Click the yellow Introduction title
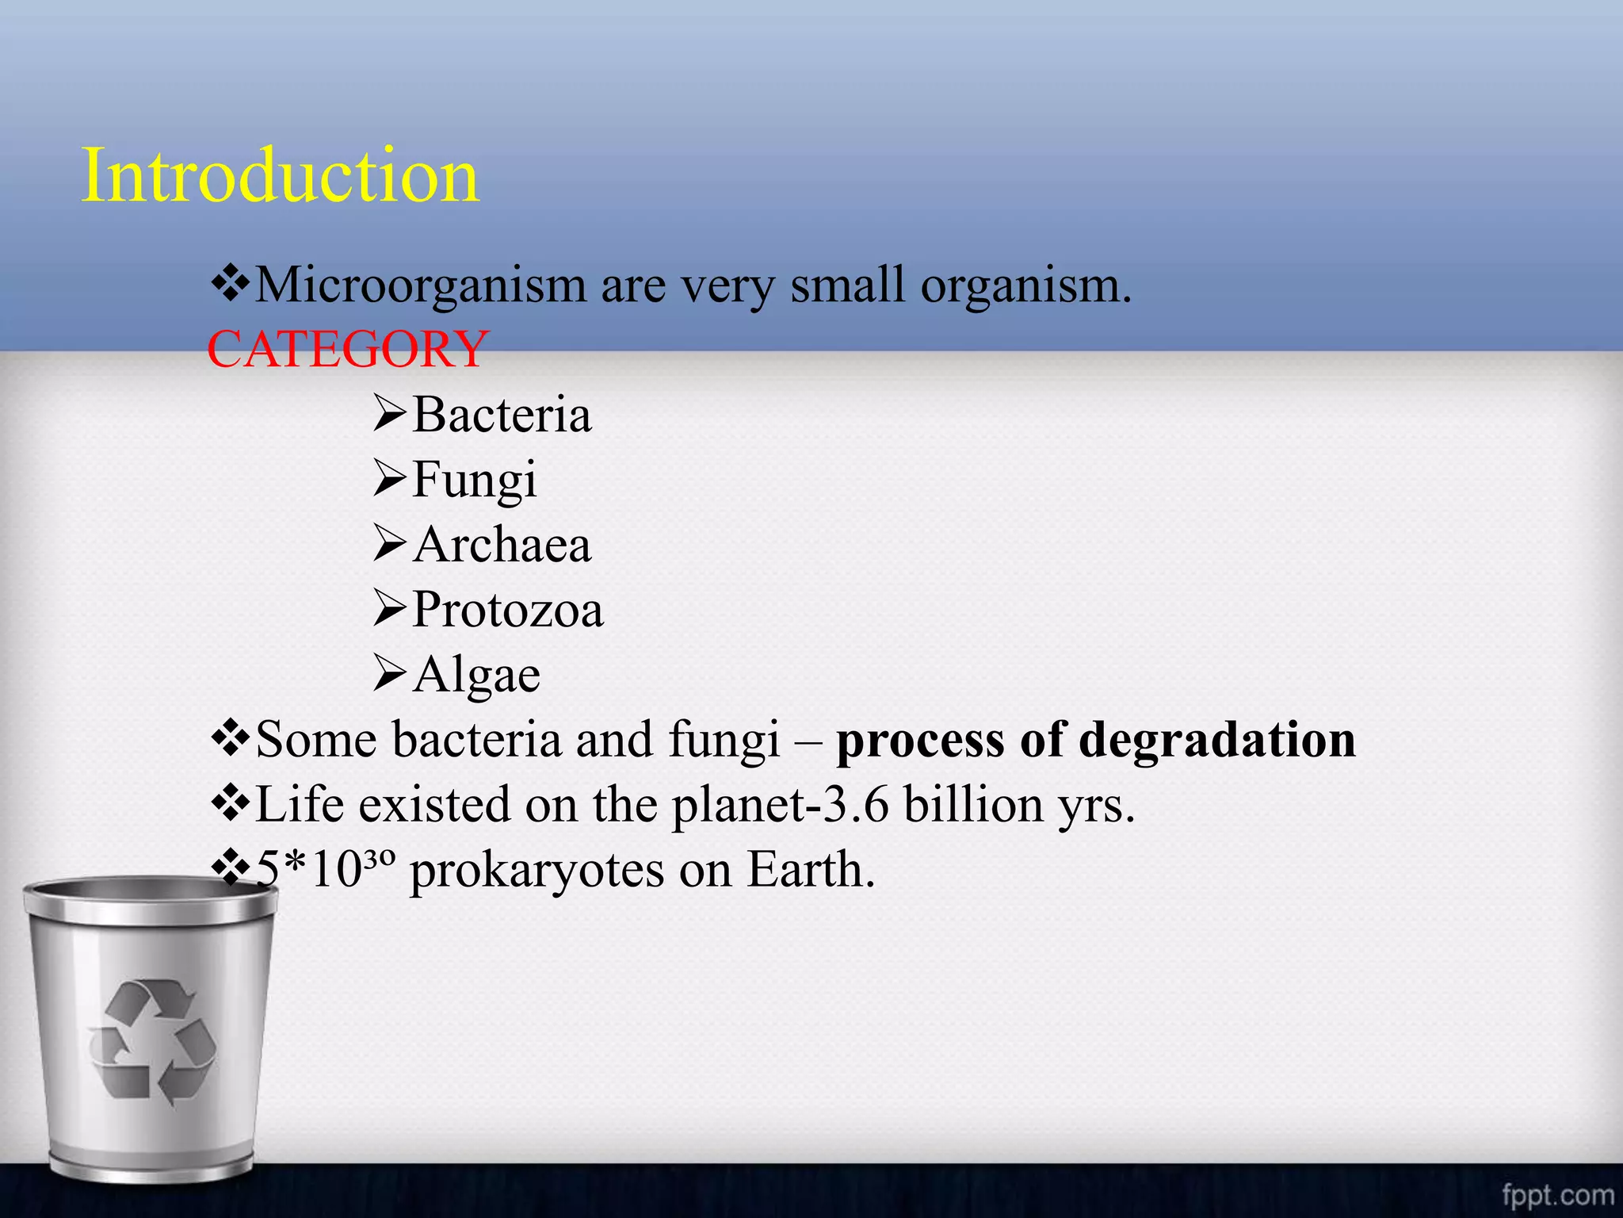[281, 175]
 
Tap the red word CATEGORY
[347, 349]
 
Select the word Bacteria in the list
[502, 415]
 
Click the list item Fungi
[474, 480]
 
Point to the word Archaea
[502, 545]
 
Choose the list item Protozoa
[507, 610]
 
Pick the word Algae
[476, 675]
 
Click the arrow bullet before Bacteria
[390, 415]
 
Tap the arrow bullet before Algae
[390, 674]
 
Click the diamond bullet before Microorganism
[230, 284]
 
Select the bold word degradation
[1217, 740]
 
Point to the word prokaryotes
[537, 871]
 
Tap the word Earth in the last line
[810, 870]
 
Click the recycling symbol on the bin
[151, 1040]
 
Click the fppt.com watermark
[1557, 1195]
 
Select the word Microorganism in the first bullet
[421, 285]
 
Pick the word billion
[974, 805]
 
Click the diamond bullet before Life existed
[230, 804]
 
